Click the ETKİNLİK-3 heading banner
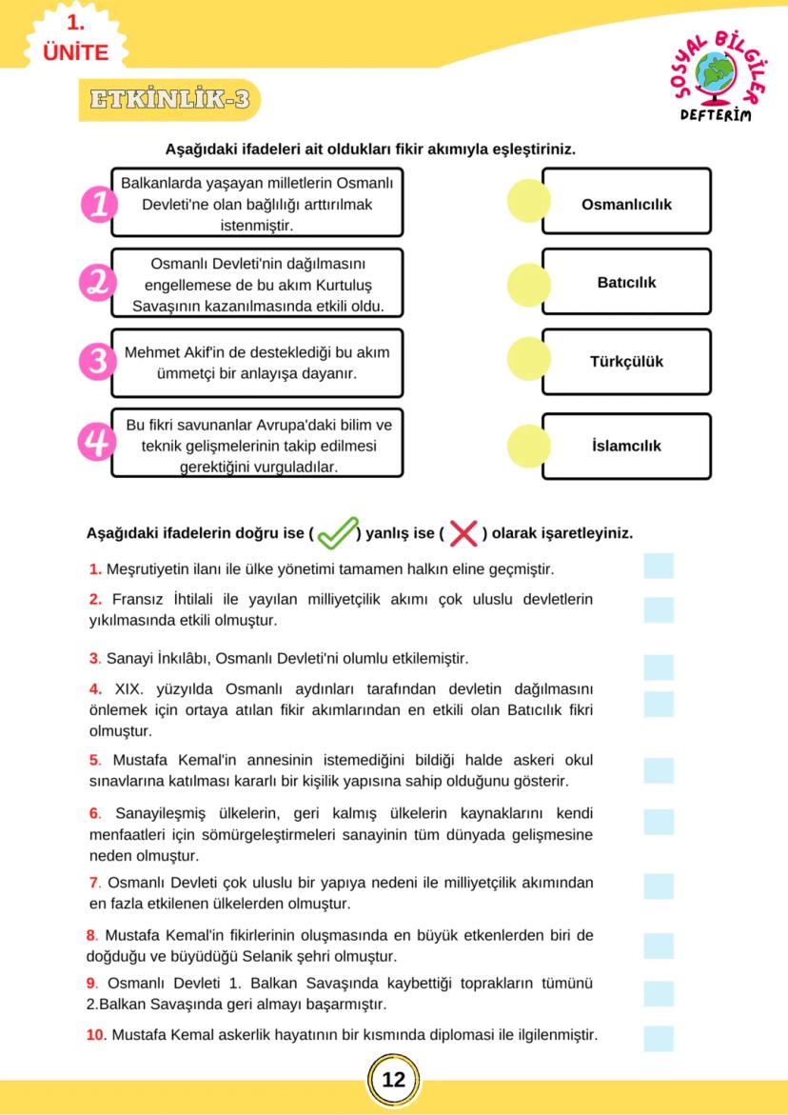point(169,100)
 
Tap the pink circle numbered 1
point(99,204)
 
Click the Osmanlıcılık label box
point(626,204)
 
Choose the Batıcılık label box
point(626,283)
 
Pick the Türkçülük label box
point(626,362)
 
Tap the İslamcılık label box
point(626,446)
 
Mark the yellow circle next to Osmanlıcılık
point(529,202)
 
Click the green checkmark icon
point(337,533)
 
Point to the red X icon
point(463,534)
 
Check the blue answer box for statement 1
point(658,567)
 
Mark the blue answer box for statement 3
point(658,667)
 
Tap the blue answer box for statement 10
point(658,1038)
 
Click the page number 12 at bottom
point(393,1080)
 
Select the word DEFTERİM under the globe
point(715,115)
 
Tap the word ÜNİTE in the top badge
point(76,52)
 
